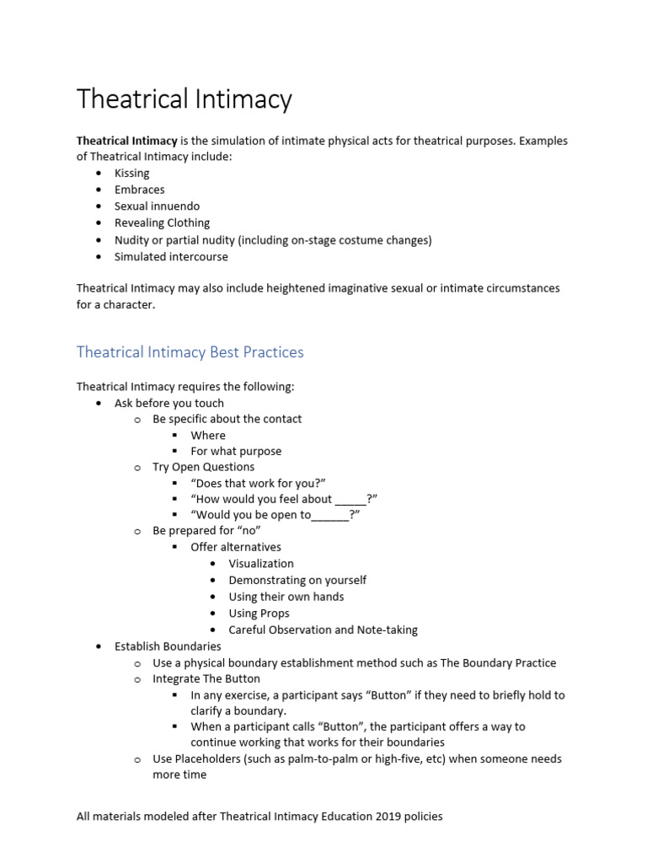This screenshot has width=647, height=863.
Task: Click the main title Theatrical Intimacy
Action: tap(184, 99)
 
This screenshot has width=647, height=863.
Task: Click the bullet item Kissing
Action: tap(132, 174)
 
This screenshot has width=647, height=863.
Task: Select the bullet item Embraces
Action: tap(140, 190)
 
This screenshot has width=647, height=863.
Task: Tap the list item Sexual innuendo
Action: tap(158, 206)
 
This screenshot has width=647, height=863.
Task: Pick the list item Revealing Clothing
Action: tap(163, 223)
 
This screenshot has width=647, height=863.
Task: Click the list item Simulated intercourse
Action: tap(171, 257)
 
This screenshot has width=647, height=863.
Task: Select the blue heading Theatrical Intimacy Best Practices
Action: tap(190, 352)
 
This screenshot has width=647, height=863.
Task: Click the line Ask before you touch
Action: tap(169, 403)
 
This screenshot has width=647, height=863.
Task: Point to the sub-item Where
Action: tap(208, 435)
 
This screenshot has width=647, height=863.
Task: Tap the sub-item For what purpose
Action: tap(236, 451)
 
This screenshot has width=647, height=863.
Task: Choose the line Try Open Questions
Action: tap(203, 467)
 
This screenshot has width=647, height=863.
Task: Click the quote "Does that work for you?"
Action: tap(258, 483)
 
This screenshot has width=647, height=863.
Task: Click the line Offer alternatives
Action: tap(236, 547)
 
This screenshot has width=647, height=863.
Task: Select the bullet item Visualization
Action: tap(261, 564)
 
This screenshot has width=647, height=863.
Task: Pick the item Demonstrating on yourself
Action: tap(297, 580)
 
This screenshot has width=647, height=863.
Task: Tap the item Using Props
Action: tap(259, 614)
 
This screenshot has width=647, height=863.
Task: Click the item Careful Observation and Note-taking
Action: tap(323, 630)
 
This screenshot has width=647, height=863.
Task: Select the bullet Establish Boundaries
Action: tap(168, 646)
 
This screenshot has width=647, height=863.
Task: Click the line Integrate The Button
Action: tap(206, 678)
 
